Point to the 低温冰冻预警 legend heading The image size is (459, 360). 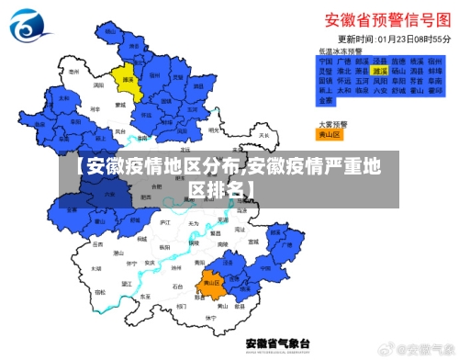(341, 51)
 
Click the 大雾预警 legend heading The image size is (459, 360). (332, 122)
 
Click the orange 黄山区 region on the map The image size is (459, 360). (213, 284)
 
